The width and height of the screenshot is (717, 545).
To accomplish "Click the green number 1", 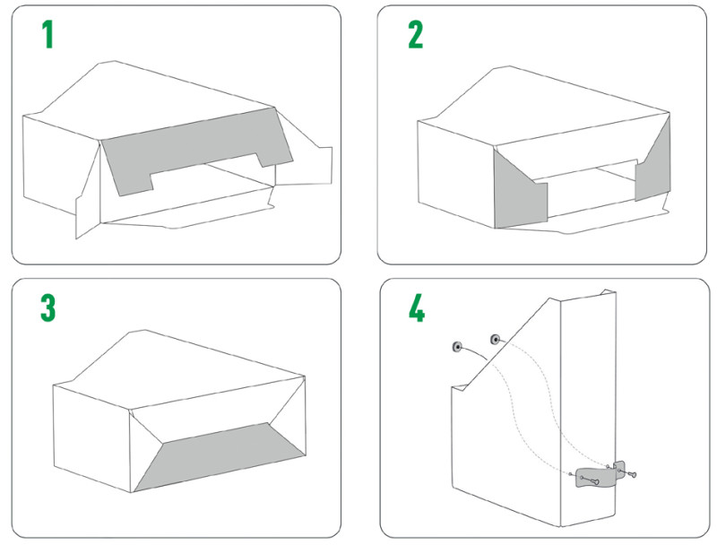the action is (x=48, y=35).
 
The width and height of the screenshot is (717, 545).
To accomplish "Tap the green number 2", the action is (x=416, y=35).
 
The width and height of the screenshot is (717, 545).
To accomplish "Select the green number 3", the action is (x=48, y=307).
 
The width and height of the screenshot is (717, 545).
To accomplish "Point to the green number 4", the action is (x=417, y=307).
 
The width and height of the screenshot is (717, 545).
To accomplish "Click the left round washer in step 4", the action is (x=457, y=347).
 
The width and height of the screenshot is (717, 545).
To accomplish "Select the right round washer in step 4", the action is (x=495, y=339).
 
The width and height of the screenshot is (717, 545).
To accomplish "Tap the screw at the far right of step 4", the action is (x=631, y=474).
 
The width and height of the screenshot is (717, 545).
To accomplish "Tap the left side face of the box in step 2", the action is (x=456, y=174).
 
